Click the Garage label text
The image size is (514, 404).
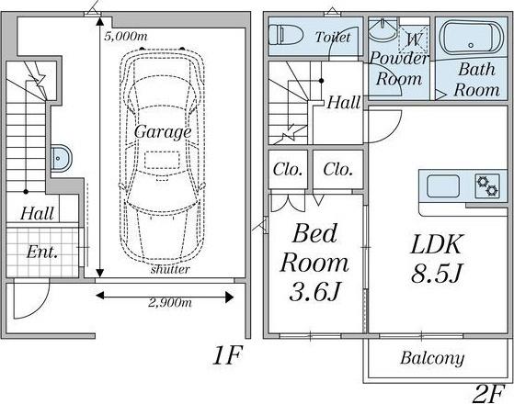[163, 132]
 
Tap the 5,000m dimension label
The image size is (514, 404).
[126, 36]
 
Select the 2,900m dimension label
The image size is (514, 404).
[170, 302]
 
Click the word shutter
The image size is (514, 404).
[170, 269]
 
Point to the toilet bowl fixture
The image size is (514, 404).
[286, 36]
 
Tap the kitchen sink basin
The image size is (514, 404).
[443, 186]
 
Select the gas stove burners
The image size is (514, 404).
[487, 186]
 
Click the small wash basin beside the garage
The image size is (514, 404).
[61, 158]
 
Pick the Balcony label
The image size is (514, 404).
[432, 358]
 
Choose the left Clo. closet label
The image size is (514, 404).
[287, 170]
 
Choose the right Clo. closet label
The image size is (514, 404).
[337, 170]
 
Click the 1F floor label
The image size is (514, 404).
[227, 355]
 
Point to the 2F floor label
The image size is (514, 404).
[487, 394]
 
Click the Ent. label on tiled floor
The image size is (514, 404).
[42, 252]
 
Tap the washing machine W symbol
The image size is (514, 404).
[414, 39]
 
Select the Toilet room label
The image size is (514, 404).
[333, 37]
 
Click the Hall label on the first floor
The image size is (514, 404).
[37, 214]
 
